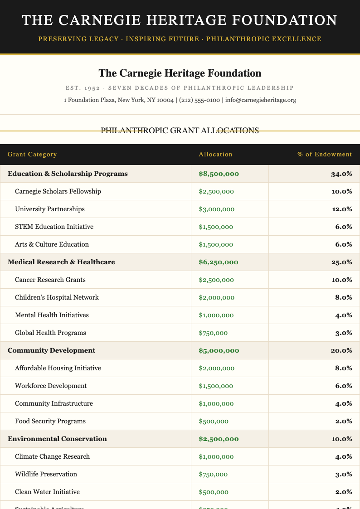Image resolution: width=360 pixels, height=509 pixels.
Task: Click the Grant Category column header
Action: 32,155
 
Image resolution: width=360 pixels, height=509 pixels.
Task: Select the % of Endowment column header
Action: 324,155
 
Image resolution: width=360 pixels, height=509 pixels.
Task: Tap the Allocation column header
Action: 215,155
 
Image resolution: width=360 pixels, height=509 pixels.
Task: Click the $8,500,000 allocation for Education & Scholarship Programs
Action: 219,174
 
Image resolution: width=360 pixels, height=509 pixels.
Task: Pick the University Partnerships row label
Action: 50,209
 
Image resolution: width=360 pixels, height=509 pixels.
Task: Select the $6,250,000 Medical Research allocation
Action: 219,262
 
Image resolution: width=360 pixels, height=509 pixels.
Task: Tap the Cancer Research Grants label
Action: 50,280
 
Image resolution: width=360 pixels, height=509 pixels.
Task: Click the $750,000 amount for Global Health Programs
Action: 213,333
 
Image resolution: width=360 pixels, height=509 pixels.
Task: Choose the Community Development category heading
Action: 52,350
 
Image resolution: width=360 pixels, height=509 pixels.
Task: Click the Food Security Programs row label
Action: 50,421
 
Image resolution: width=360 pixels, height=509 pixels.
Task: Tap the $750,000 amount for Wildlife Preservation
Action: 213,474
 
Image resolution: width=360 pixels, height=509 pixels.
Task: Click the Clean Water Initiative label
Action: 48,492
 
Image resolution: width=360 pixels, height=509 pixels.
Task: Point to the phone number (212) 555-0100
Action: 199,100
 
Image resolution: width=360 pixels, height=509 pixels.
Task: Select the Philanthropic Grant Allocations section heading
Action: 180,131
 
